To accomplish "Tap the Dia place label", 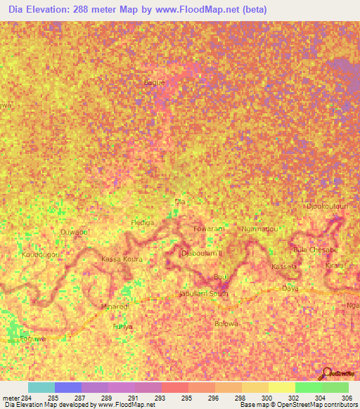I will (x=179, y=202).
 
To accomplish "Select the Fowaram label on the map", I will (x=208, y=229).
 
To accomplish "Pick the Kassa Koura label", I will (x=122, y=259).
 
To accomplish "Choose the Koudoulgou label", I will (x=39, y=254).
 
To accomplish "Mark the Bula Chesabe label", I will (x=316, y=250).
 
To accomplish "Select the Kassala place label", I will (x=284, y=268).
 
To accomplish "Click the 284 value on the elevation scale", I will (x=27, y=398).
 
